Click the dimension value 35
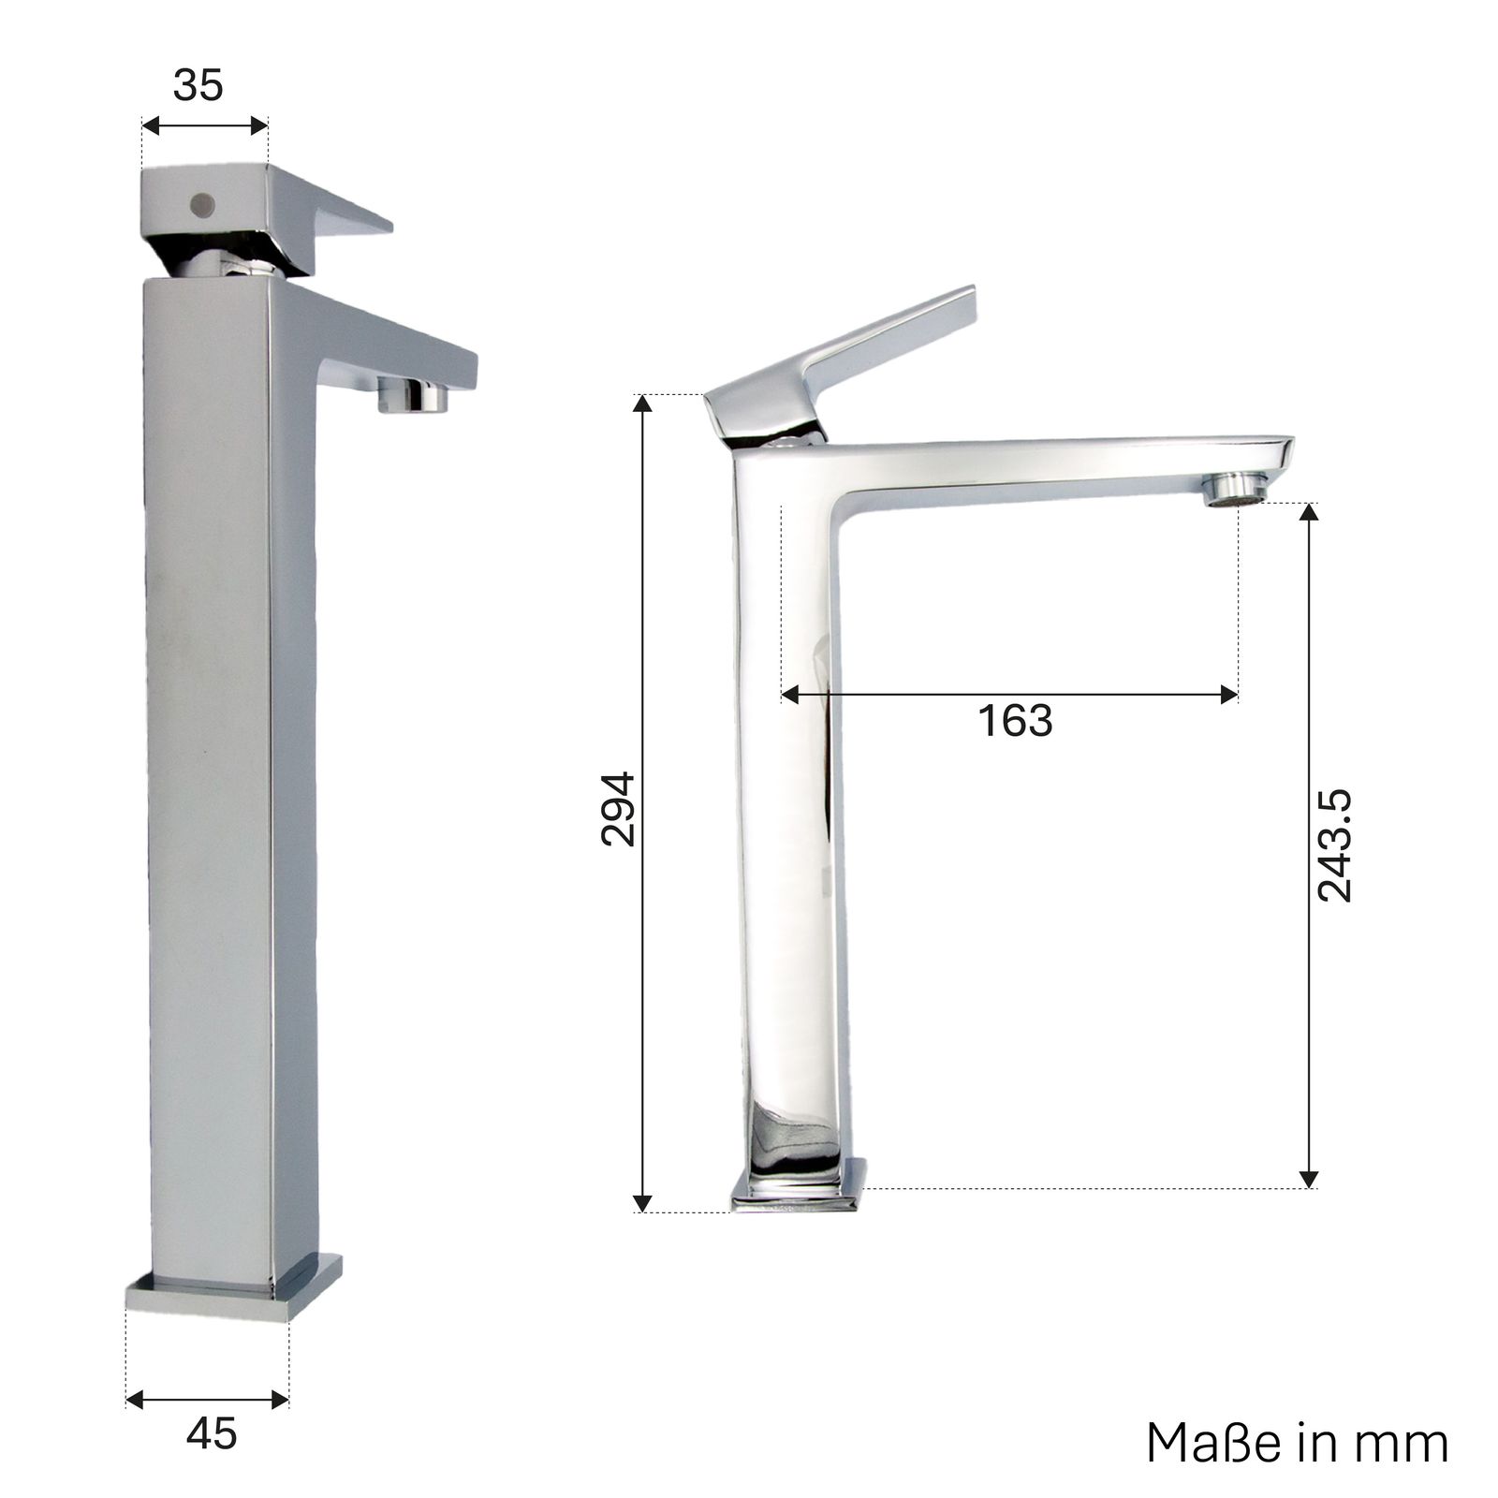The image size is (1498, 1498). pyautogui.click(x=198, y=85)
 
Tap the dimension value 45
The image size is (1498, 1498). pyautogui.click(x=212, y=1433)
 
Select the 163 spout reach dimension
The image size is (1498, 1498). pyautogui.click(x=1015, y=721)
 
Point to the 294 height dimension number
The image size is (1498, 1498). pyautogui.click(x=618, y=809)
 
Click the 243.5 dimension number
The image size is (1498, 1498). pyautogui.click(x=1335, y=845)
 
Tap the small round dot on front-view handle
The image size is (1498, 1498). pyautogui.click(x=199, y=202)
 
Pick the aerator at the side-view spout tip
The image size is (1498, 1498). pyautogui.click(x=1234, y=490)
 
